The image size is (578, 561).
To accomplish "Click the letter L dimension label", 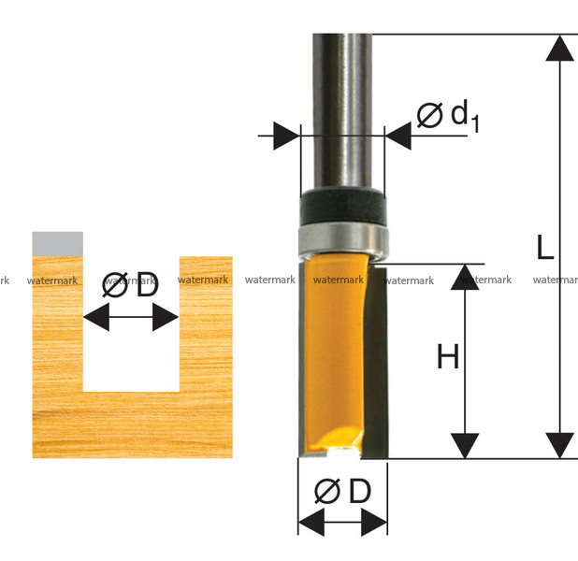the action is (545, 247).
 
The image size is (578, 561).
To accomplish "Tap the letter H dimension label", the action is (448, 356).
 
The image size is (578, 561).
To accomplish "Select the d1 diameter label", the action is (448, 116).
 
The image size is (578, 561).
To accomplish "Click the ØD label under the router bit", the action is (342, 491).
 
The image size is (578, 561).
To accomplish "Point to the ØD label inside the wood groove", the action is (130, 284).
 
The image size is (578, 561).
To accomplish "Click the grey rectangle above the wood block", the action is (57, 244).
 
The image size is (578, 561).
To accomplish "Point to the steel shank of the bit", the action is (342, 110).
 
